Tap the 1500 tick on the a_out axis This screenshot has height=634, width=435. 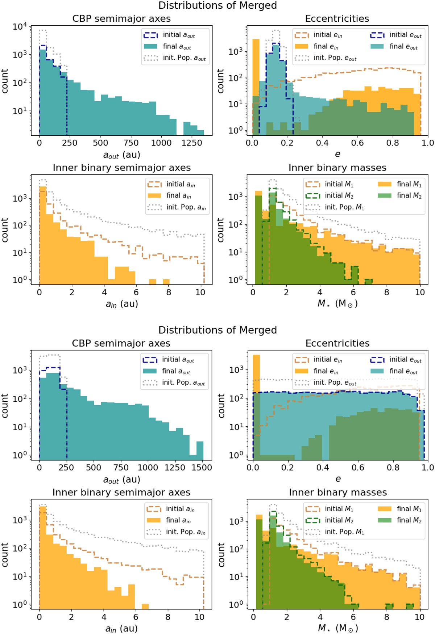pos(202,468)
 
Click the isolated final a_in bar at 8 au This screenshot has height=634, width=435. pos(166,282)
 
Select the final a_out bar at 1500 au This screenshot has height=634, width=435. pos(200,448)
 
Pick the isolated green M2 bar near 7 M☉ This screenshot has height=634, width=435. pos(368,282)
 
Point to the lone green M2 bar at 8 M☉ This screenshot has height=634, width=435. pos(390,606)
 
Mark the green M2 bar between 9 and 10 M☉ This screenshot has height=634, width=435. pos(410,606)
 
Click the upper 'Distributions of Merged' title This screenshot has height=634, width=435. pos(217,5)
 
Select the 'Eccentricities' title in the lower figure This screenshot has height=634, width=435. pos(337,343)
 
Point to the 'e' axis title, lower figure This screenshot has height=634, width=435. pos(338,479)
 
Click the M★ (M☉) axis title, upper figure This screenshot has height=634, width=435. pos(337,304)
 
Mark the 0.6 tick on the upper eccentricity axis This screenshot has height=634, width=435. pos(357,143)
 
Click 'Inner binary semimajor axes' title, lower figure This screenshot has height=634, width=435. pos(121,493)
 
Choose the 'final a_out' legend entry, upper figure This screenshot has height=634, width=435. pos(177,46)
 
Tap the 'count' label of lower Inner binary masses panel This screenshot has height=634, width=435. pos(221,554)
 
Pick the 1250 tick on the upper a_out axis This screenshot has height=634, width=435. pos(192,143)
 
